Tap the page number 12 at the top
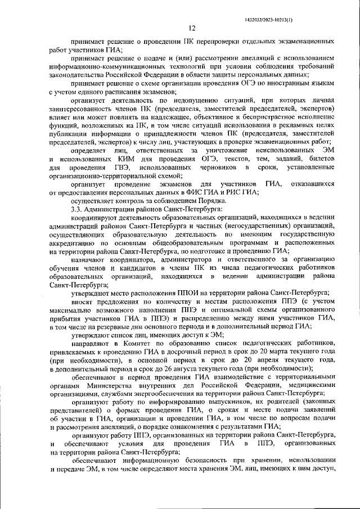[x=191, y=28]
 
